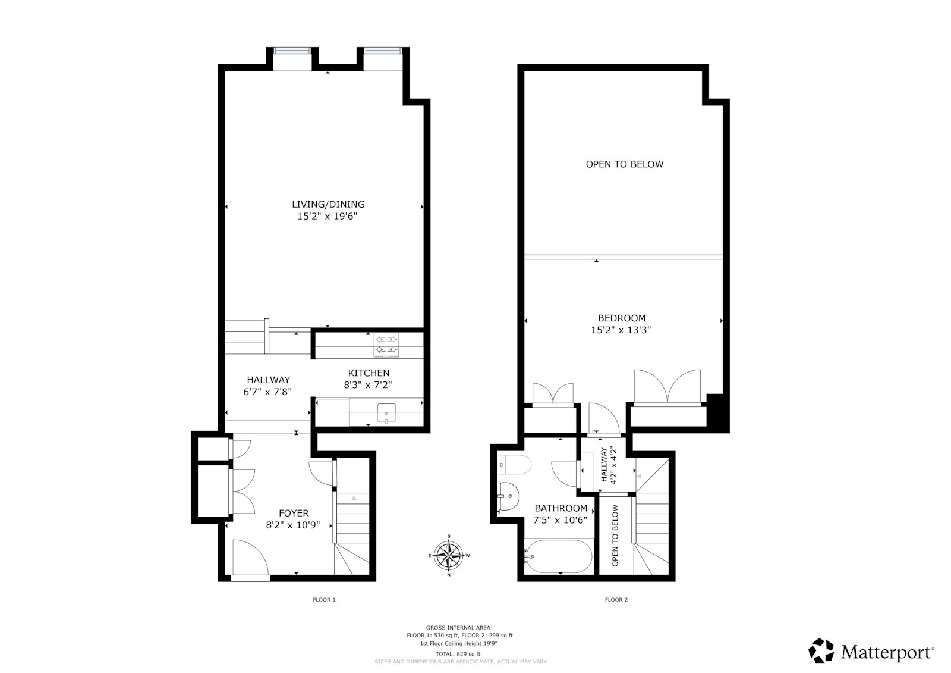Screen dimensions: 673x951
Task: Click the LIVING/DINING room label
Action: pyautogui.click(x=328, y=204)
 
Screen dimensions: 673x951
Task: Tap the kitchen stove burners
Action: pyautogui.click(x=386, y=345)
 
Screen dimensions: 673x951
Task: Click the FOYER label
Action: pyautogui.click(x=294, y=513)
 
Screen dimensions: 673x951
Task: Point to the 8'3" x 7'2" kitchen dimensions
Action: pyautogui.click(x=368, y=385)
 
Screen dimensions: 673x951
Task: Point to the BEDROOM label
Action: pyautogui.click(x=621, y=318)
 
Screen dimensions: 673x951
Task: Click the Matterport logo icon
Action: pyautogui.click(x=822, y=651)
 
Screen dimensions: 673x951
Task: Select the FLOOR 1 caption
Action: pyautogui.click(x=325, y=600)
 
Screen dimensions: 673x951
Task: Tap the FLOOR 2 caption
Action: pyautogui.click(x=616, y=600)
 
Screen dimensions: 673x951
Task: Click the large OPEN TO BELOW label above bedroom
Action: pyautogui.click(x=624, y=164)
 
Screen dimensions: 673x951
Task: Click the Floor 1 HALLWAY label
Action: pyautogui.click(x=268, y=380)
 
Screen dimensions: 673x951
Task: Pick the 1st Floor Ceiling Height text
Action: pyautogui.click(x=458, y=643)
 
